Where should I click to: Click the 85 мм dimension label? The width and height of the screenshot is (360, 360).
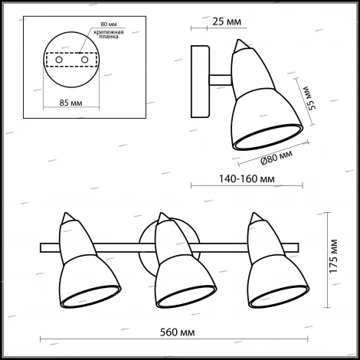[x=70, y=103]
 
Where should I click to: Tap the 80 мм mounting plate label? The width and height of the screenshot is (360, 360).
[x=109, y=25]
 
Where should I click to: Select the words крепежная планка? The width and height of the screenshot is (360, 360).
[x=109, y=34]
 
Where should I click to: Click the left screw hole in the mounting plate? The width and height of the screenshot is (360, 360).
[x=59, y=60]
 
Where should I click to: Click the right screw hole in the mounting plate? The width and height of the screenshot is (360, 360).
[x=84, y=60]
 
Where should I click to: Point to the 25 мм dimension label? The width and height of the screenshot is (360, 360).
[x=227, y=21]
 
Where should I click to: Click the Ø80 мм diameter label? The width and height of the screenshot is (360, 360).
[x=277, y=158]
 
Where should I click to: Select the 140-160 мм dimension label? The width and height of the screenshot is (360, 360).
[x=247, y=179]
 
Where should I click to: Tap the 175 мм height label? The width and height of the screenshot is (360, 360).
[x=333, y=256]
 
